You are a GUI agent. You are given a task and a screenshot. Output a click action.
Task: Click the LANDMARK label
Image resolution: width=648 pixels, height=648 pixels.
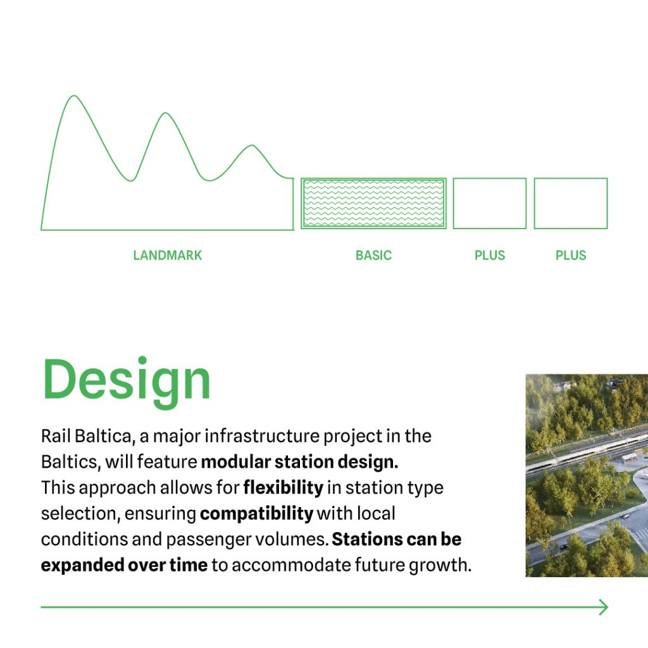coord(167,255)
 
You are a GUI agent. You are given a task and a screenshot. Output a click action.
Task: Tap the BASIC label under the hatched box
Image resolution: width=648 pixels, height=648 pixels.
coord(373,255)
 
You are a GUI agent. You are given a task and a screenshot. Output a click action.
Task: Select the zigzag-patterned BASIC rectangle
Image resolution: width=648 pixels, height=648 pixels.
coord(373,203)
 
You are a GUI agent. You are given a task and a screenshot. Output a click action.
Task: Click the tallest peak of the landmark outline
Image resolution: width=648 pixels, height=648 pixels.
coord(75,96)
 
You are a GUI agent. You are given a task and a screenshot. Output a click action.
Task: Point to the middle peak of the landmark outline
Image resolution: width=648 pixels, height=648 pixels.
coord(165,113)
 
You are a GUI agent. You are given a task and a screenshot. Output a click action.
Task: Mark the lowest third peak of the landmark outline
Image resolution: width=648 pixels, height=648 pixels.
coord(252,146)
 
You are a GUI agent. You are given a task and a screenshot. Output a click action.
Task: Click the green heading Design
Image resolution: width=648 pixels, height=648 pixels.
coord(127,380)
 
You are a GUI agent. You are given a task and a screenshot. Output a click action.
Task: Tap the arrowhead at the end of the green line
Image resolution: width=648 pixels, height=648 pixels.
coord(607,607)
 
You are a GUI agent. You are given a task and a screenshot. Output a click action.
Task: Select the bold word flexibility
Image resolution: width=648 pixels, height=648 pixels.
coord(283,488)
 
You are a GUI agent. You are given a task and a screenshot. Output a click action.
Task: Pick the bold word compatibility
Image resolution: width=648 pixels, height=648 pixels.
coord(256,514)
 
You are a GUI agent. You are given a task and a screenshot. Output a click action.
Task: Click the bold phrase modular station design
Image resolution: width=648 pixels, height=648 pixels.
coord(299,462)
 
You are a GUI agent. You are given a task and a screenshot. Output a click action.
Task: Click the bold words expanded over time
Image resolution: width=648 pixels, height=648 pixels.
coord(124,565)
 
